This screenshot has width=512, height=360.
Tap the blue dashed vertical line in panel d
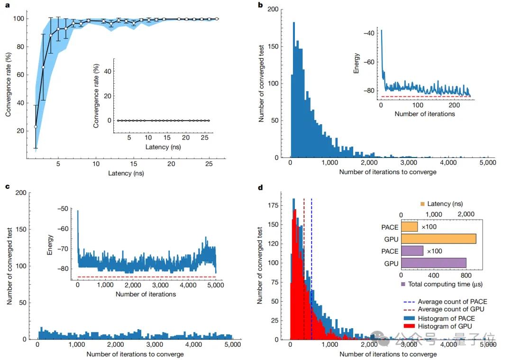click(x=311, y=266)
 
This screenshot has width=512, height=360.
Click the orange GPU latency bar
click(x=438, y=239)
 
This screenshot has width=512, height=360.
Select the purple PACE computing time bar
click(x=412, y=250)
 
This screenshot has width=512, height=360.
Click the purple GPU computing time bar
click(x=433, y=262)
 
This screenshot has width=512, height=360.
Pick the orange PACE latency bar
click(x=409, y=227)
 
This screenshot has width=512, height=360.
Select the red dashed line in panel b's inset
click(x=427, y=96)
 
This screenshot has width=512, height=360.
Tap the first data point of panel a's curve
click(x=36, y=127)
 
